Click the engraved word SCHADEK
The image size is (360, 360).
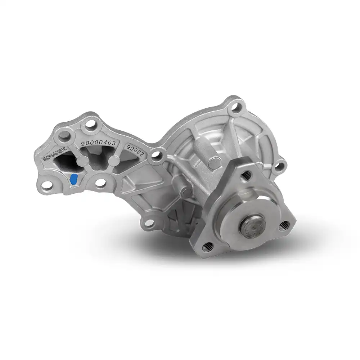tap(55, 154)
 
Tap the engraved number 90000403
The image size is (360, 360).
tap(98, 143)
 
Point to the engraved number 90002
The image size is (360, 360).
tap(135, 150)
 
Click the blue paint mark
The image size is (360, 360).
tap(73, 179)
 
